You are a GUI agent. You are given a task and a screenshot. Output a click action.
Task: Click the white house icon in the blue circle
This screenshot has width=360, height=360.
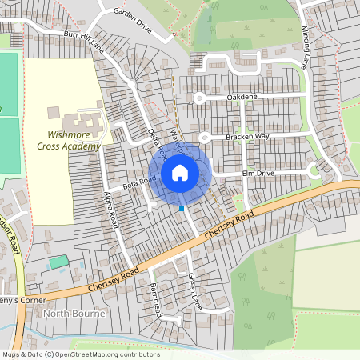[180, 173]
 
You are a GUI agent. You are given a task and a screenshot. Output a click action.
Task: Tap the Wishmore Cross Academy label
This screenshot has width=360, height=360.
[68, 141]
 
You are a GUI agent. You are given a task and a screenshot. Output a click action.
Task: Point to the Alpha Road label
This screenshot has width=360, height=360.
[111, 210]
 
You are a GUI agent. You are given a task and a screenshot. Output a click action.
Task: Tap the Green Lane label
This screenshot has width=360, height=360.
[194, 291]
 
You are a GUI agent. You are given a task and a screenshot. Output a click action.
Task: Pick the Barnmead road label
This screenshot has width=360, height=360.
[155, 299]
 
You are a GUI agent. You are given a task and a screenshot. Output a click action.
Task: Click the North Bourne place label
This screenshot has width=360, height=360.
[74, 314]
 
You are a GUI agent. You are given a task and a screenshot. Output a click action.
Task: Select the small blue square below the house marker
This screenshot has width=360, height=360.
[182, 208]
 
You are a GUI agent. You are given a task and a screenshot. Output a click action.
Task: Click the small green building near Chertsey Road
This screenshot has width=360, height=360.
[58, 262]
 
